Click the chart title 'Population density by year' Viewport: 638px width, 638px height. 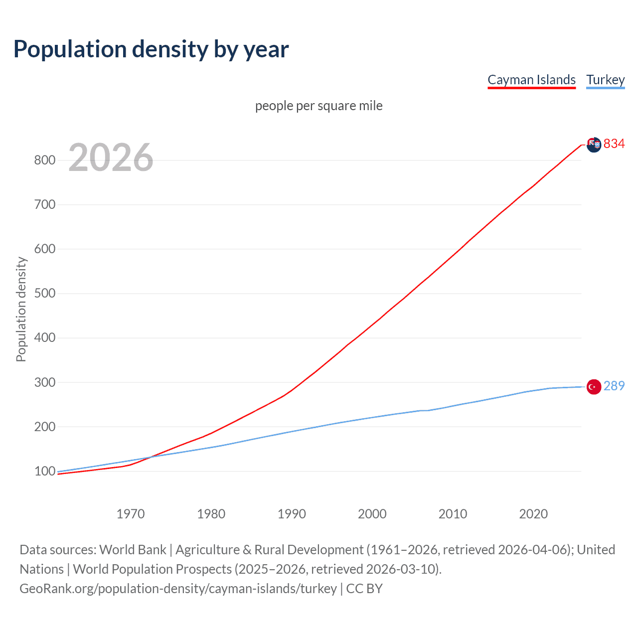[151, 49]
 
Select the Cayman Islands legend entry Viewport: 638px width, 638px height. [531, 80]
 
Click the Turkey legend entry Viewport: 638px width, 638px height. [605, 80]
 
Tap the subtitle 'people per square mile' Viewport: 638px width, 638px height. [319, 106]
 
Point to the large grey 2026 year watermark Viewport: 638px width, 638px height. [111, 158]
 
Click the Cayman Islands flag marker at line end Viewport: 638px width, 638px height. [594, 145]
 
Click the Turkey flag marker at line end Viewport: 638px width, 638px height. [594, 387]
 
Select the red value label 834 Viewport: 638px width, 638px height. [614, 144]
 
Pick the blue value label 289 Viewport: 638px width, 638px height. [614, 386]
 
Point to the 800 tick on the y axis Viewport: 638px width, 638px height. [44, 160]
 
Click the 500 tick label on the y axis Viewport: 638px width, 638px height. [44, 293]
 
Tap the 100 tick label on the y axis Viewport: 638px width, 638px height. [44, 471]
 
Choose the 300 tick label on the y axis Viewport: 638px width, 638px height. [44, 382]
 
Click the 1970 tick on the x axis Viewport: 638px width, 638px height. [131, 513]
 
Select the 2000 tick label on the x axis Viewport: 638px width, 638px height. [372, 513]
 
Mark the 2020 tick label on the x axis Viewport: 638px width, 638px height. [533, 513]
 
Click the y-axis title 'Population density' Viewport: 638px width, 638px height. [21, 309]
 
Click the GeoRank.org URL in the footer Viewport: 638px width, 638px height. [178, 589]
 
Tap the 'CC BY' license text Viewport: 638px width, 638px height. [364, 589]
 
